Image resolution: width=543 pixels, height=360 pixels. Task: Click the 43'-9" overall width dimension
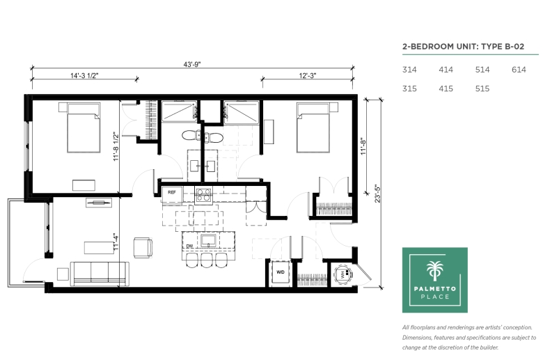tap(192, 65)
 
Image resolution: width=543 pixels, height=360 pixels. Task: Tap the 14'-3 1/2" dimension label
tap(84, 75)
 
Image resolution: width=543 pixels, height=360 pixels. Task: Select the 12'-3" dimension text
tap(308, 75)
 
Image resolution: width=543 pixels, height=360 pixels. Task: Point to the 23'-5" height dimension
tap(377, 194)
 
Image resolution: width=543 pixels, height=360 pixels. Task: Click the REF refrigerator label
tap(172, 192)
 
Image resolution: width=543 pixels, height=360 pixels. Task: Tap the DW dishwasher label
tap(189, 246)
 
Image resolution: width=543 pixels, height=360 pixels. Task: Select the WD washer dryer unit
tap(281, 273)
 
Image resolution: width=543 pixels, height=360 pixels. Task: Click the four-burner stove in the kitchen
tap(203, 195)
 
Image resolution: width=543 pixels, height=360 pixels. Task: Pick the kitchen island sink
tap(208, 240)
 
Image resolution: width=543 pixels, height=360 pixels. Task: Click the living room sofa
tap(100, 274)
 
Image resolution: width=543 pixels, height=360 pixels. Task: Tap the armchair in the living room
tap(143, 248)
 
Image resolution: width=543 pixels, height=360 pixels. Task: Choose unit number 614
tap(519, 70)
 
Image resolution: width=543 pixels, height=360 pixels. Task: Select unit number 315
tap(409, 88)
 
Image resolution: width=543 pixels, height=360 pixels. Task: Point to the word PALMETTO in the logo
tap(435, 288)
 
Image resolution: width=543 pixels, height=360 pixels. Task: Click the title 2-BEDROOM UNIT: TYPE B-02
tap(463, 47)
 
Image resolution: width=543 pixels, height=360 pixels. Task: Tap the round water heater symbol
tap(343, 275)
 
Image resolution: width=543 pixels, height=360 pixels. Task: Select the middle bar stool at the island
tap(207, 260)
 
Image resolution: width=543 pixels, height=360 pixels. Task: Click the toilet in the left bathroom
tap(191, 135)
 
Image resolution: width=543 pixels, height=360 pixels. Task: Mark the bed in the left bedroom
tap(84, 128)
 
